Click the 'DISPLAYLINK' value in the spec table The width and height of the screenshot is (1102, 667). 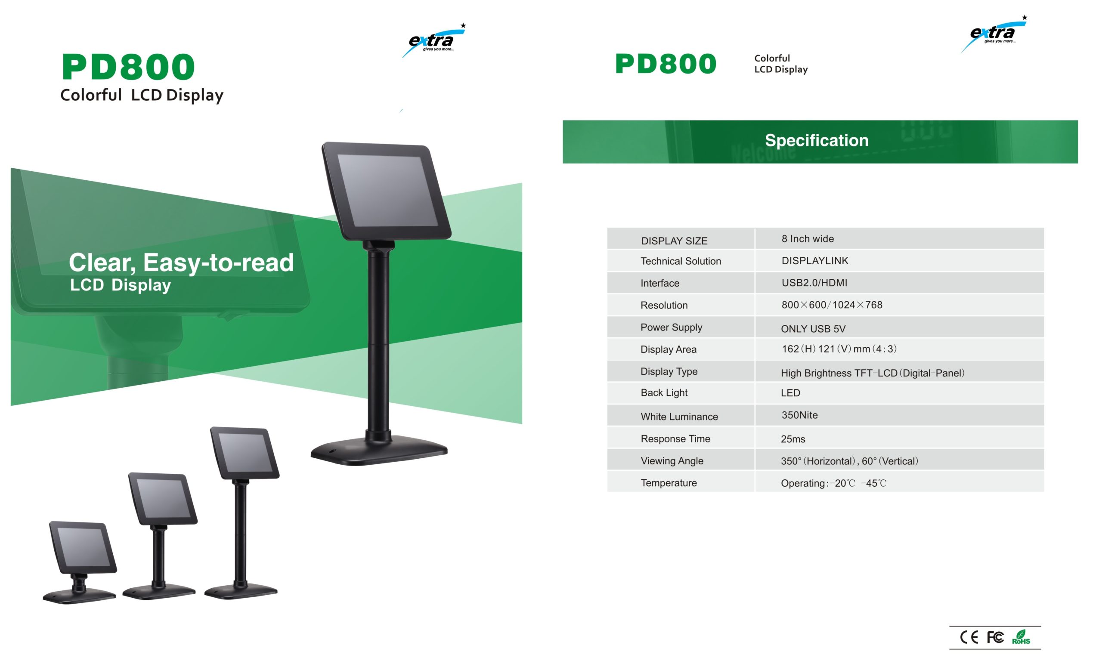(x=814, y=261)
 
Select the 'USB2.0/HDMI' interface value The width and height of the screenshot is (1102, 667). (x=814, y=283)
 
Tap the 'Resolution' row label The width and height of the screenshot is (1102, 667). (x=664, y=306)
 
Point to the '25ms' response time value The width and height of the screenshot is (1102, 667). (x=793, y=439)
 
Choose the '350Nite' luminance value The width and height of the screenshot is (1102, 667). (x=799, y=415)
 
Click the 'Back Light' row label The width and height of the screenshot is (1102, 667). (x=664, y=392)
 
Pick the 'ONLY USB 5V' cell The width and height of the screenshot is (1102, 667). (x=813, y=329)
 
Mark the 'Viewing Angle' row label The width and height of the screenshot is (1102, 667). (x=672, y=461)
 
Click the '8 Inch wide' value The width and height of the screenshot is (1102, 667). (x=808, y=239)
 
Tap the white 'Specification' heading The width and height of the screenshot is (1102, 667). (x=817, y=140)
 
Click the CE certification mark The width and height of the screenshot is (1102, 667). (x=969, y=637)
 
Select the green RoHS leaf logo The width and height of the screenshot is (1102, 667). (x=1021, y=637)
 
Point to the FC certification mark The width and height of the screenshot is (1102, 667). (x=995, y=637)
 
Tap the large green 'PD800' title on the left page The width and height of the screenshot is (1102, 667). (x=128, y=67)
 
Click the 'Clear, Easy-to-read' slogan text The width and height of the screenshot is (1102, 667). (x=181, y=262)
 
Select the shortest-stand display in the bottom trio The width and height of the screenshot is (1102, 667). (x=80, y=562)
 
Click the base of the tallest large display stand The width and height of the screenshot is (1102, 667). (x=379, y=449)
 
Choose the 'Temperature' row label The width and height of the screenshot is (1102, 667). (x=669, y=483)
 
